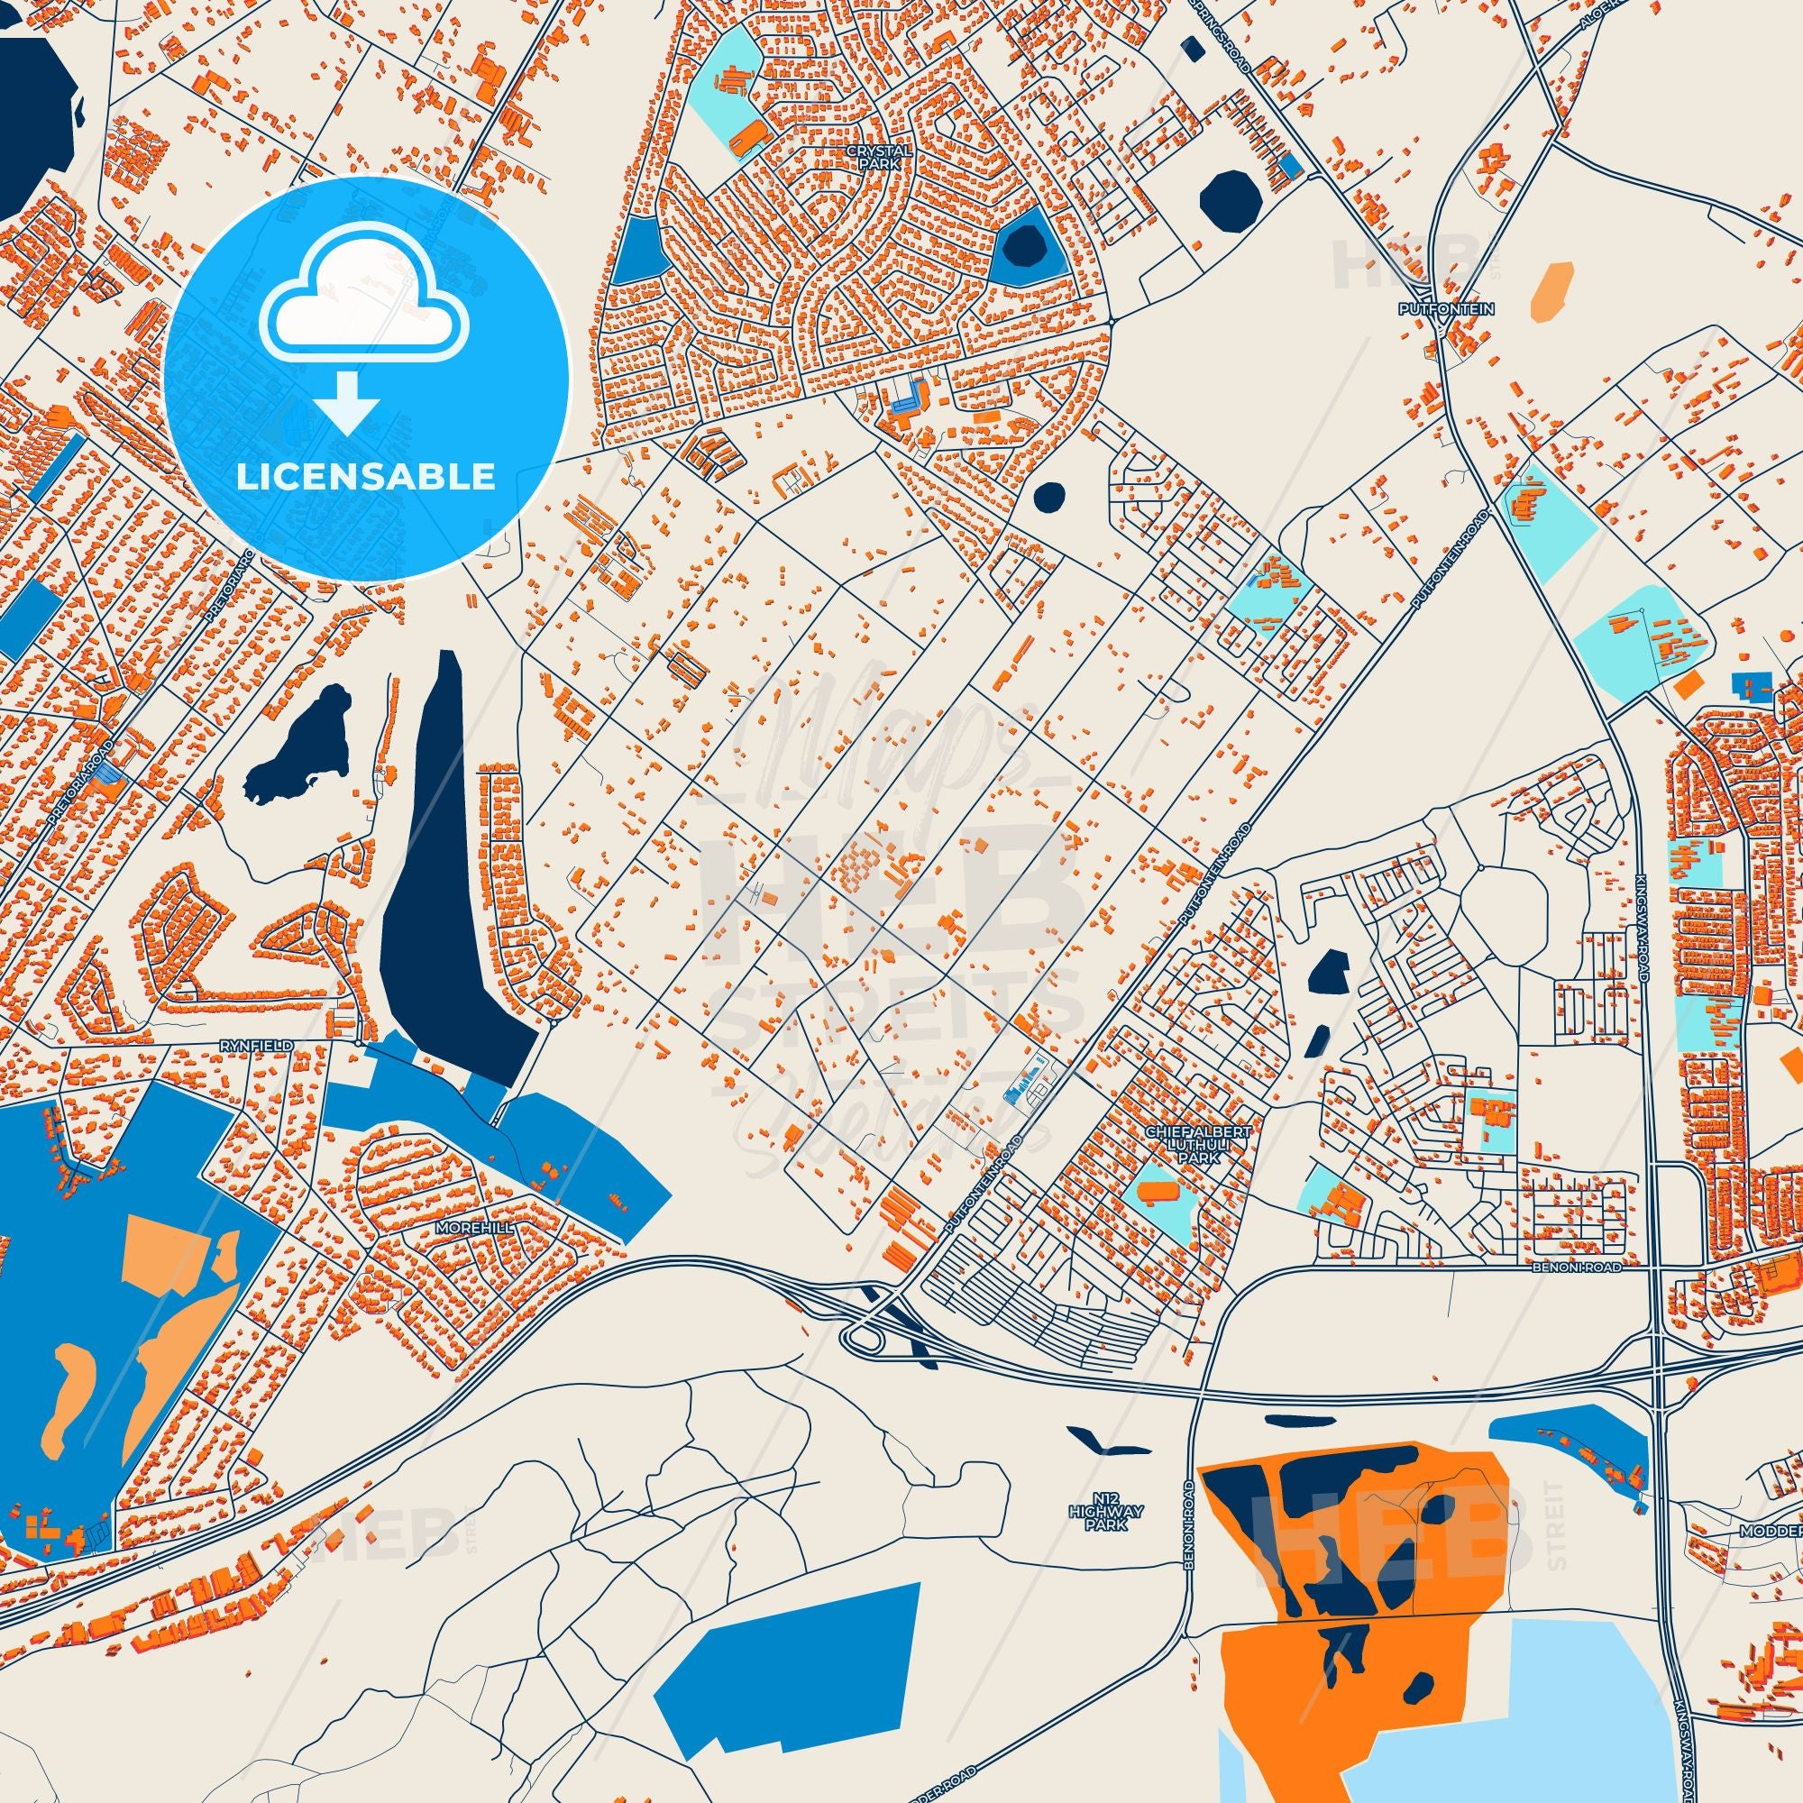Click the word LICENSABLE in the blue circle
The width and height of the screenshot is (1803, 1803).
(365, 477)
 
